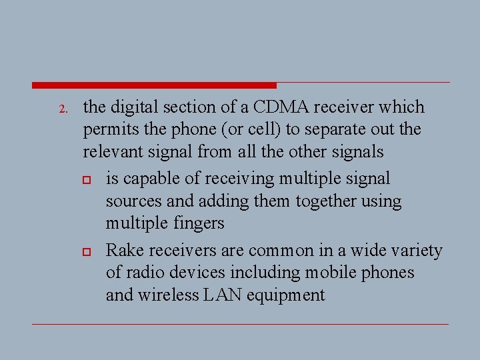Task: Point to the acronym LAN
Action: (x=227, y=295)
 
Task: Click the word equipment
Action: (x=287, y=295)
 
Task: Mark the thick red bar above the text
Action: (x=154, y=85)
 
